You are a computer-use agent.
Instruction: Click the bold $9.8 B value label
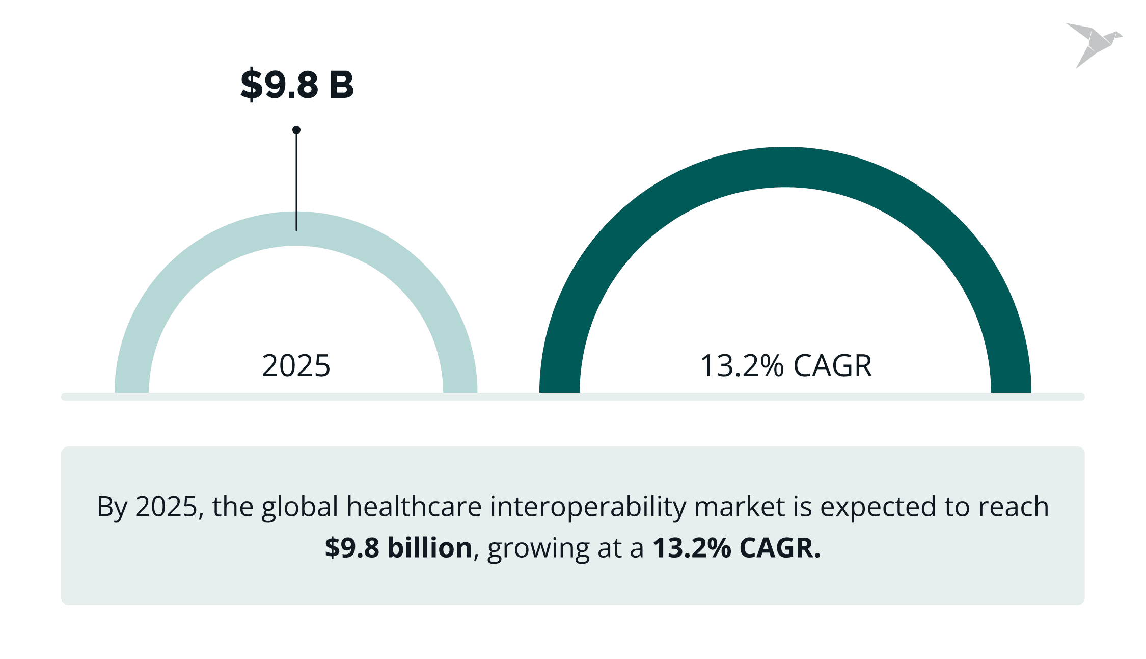(297, 85)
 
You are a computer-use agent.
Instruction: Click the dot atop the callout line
(296, 130)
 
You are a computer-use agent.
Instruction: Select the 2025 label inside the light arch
(296, 365)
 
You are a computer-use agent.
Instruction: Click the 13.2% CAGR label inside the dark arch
(786, 365)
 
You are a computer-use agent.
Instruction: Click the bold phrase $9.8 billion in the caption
(399, 548)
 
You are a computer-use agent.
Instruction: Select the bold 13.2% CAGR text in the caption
(736, 548)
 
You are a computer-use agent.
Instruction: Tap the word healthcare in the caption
(414, 507)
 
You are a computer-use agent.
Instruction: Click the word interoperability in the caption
(588, 507)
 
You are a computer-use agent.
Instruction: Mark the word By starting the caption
(112, 507)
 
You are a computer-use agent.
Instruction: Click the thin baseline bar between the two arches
(508, 397)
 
